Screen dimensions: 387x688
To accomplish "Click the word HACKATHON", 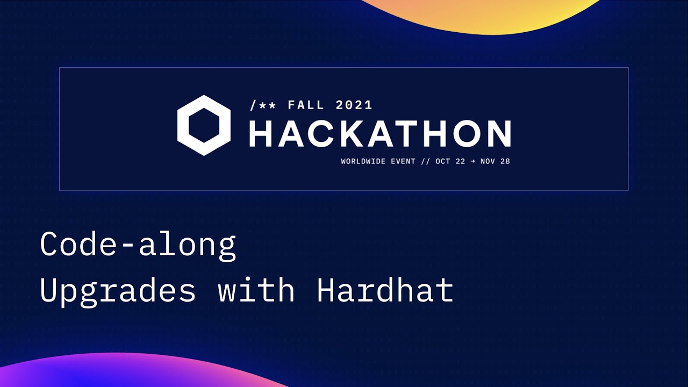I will (379, 133).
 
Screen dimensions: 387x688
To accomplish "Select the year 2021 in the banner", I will (354, 105).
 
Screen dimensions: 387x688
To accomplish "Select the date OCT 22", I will (450, 161).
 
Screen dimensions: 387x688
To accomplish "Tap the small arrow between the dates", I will (472, 161).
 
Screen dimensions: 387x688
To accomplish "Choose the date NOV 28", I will (495, 161).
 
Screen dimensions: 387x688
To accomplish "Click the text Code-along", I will (138, 245).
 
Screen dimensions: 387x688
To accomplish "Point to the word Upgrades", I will (118, 291).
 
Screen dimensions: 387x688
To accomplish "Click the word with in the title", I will (256, 290).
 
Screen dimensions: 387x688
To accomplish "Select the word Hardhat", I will (385, 290).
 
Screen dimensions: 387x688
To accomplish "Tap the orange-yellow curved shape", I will (484, 13).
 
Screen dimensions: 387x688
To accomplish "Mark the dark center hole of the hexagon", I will (204, 125).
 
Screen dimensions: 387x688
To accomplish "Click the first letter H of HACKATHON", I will (262, 133).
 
